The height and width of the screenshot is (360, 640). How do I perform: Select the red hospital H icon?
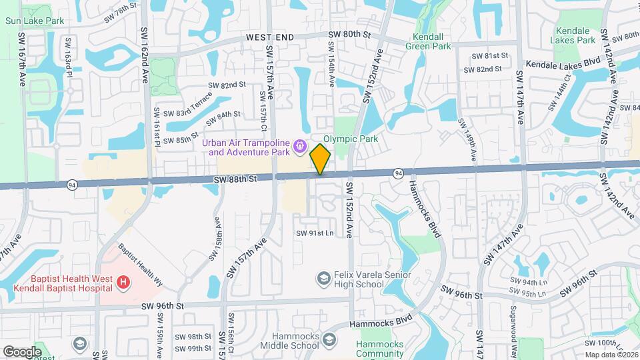click(x=123, y=283)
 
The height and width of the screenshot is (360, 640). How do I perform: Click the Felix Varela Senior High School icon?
click(x=324, y=278)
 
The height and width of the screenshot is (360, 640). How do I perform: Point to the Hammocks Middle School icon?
click(x=329, y=343)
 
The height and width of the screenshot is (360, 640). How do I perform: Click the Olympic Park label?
click(x=351, y=139)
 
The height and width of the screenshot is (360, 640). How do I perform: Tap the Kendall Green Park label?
click(x=431, y=41)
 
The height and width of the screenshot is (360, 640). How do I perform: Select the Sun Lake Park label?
click(x=35, y=21)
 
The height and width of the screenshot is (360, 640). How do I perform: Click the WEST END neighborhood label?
click(x=269, y=37)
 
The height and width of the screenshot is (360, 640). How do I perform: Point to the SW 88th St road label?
click(x=235, y=179)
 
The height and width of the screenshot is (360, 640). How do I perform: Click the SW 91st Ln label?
click(x=315, y=233)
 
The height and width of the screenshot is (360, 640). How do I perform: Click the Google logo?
click(x=22, y=351)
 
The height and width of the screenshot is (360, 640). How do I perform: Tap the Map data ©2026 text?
click(x=611, y=355)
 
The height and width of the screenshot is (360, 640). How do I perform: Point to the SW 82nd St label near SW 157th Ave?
click(x=227, y=85)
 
